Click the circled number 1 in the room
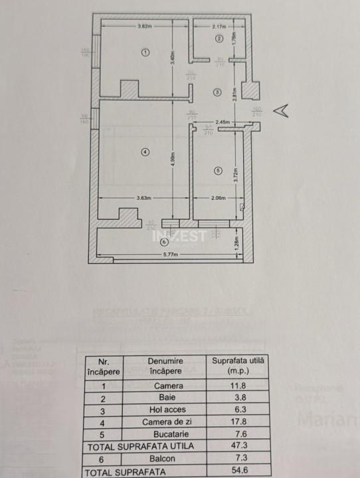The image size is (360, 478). tap(145, 52)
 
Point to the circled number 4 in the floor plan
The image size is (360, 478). tap(145, 153)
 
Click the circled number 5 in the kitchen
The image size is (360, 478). tap(217, 171)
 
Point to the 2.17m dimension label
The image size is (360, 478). tap(219, 27)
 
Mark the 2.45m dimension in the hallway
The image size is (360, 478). tap(223, 121)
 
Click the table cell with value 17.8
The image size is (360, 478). tap(238, 421)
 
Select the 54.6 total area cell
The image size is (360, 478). tap(238, 471)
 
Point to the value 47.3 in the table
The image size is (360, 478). tap(238, 446)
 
